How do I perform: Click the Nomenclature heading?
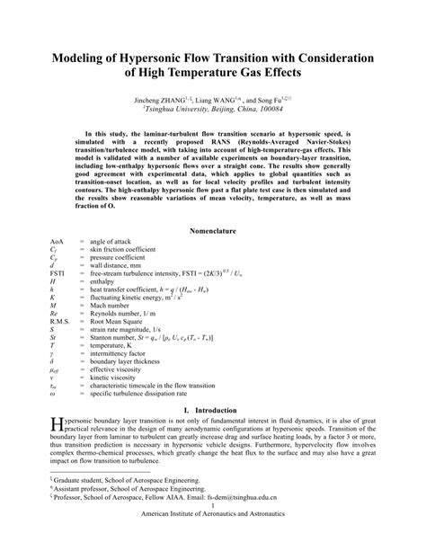click(213, 231)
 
